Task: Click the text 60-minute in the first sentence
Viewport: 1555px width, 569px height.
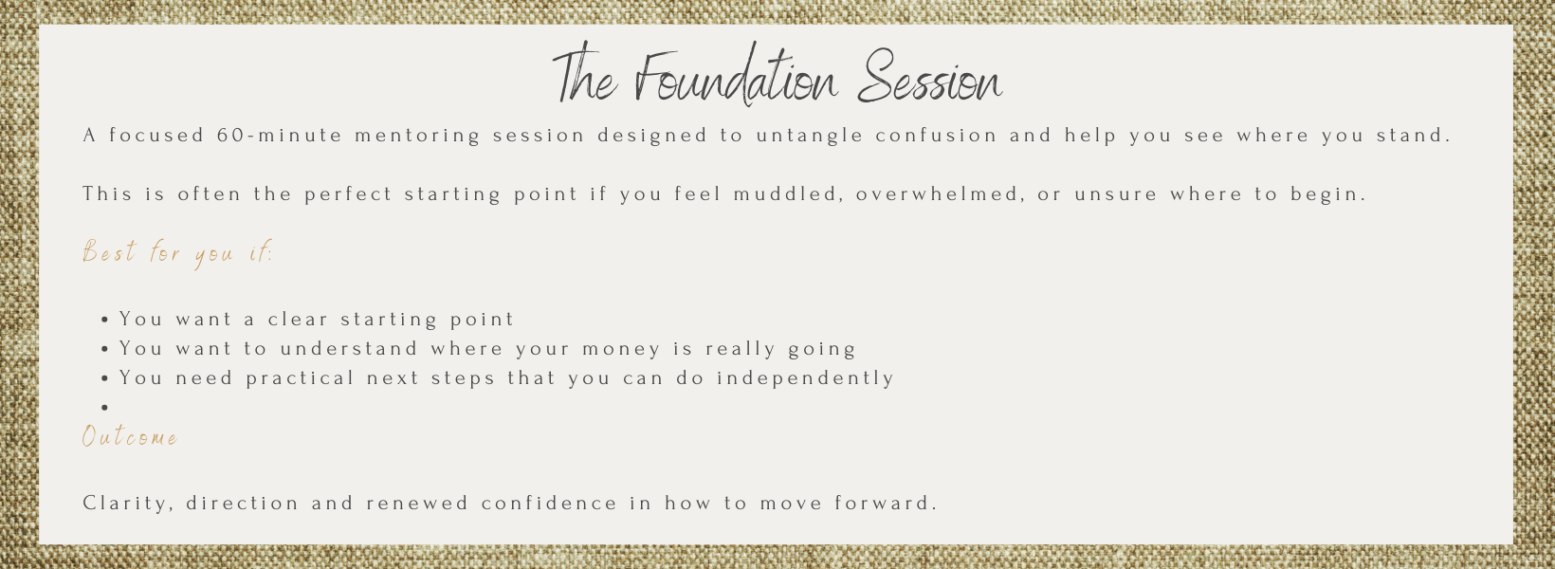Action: (x=280, y=136)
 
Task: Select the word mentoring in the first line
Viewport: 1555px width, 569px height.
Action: (x=418, y=136)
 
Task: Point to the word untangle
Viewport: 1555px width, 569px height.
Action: (x=810, y=136)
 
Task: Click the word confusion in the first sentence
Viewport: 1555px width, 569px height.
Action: (x=937, y=136)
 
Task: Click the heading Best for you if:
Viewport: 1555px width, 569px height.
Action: (x=177, y=253)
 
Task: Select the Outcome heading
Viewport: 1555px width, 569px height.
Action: (x=130, y=437)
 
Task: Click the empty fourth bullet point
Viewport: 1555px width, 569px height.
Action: (x=105, y=408)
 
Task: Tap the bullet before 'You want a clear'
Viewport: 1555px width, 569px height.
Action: (x=105, y=320)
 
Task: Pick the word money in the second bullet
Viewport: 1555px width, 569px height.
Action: (x=622, y=349)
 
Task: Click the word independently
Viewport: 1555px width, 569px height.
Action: (x=805, y=378)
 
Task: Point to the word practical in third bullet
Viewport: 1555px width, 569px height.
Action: (x=301, y=378)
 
